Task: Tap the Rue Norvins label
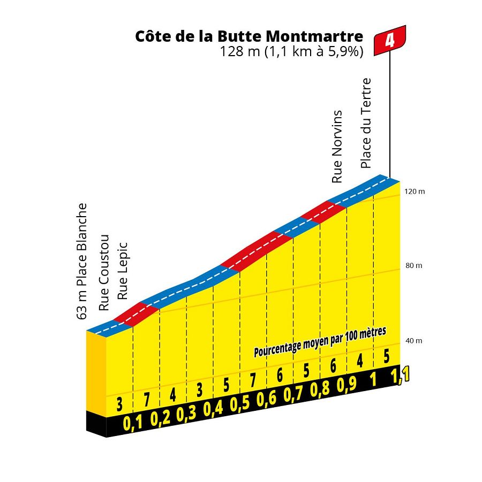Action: [337, 147]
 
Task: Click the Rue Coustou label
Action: [104, 273]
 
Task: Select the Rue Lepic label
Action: [123, 271]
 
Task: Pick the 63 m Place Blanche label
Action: [82, 261]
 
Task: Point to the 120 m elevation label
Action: [415, 191]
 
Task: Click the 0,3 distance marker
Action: [186, 414]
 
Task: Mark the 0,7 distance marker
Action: [292, 394]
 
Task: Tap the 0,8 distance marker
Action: [319, 389]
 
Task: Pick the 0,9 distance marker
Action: [346, 385]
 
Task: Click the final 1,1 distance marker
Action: [401, 374]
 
